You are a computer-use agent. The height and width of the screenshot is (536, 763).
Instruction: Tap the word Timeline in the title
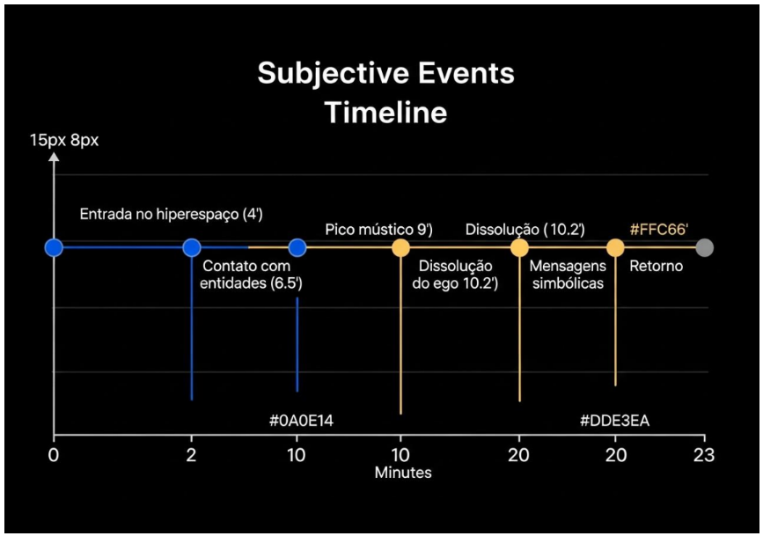click(x=385, y=113)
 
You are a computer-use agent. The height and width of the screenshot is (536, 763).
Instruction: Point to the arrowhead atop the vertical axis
click(x=54, y=157)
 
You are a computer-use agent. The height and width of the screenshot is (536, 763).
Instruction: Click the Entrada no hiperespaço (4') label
click(x=172, y=214)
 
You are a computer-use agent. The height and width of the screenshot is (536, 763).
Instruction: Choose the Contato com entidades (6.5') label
click(x=251, y=275)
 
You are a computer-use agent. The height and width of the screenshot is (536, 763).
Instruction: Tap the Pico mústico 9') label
click(x=378, y=230)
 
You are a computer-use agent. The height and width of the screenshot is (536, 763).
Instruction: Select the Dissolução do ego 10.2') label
click(x=456, y=275)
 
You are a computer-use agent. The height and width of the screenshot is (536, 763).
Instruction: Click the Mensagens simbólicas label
click(x=568, y=275)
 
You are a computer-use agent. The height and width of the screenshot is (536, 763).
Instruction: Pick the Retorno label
click(x=656, y=267)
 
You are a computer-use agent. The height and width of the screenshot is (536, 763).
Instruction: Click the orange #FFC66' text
click(x=659, y=230)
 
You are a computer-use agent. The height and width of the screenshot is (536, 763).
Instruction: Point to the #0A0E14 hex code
click(x=301, y=421)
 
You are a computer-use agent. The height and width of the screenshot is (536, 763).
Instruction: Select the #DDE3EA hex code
click(x=614, y=421)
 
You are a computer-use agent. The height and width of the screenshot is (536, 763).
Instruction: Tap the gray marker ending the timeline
click(x=705, y=247)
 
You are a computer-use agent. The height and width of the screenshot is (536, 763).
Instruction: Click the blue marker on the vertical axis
click(x=54, y=247)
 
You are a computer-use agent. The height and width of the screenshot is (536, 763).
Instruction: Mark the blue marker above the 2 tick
click(x=192, y=247)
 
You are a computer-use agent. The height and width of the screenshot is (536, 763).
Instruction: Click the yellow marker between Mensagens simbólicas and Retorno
click(x=615, y=247)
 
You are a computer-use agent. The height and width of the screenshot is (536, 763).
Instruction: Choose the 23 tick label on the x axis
click(x=704, y=455)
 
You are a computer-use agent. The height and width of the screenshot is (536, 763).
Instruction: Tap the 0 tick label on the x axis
click(x=54, y=455)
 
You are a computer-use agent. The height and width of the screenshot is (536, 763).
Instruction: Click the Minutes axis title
click(x=403, y=473)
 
